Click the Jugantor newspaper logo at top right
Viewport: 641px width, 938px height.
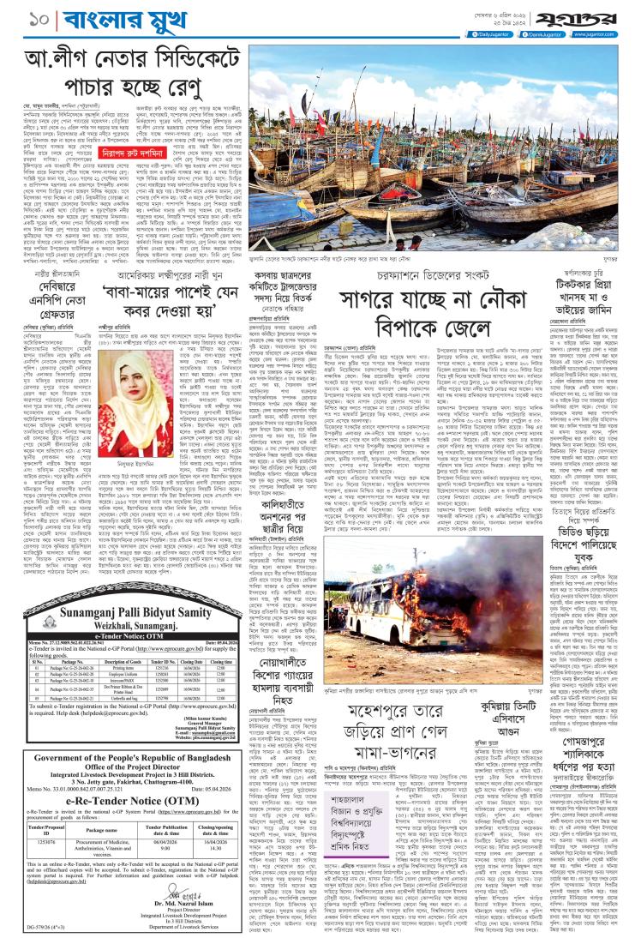(x=594, y=13)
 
